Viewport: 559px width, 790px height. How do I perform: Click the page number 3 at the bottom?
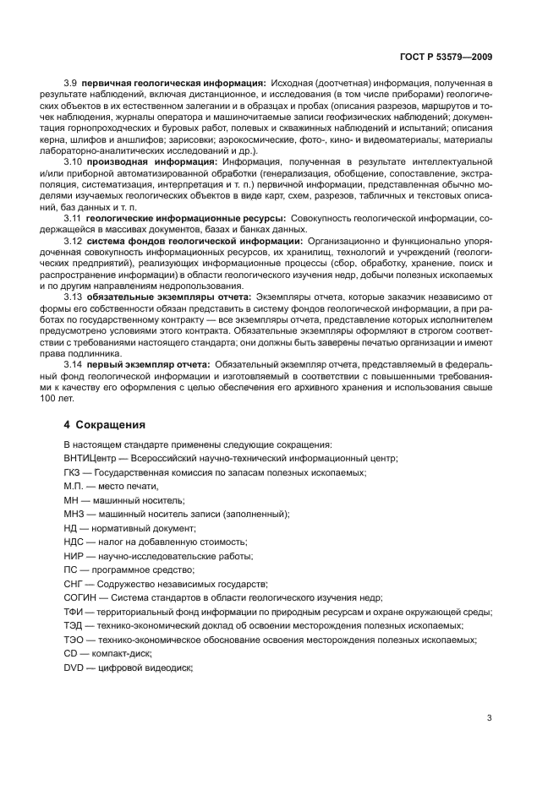tap(490, 718)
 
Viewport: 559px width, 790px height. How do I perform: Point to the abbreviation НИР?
tap(74, 556)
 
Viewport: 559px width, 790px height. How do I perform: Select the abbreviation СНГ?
tap(74, 584)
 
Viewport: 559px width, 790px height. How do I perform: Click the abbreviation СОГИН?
tap(79, 597)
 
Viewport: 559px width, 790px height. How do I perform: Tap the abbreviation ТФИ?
tap(74, 612)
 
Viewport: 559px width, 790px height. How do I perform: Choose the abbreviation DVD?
tap(74, 667)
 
